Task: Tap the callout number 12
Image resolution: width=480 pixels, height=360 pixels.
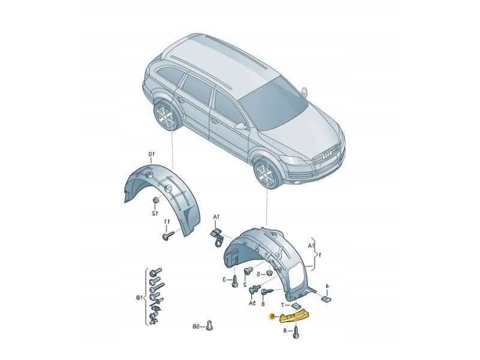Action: pos(155,212)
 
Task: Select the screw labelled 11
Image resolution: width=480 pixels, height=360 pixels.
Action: pos(166,235)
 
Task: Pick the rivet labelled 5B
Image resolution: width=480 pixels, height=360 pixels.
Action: pos(209,325)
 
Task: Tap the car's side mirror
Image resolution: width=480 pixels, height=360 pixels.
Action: pos(241,126)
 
